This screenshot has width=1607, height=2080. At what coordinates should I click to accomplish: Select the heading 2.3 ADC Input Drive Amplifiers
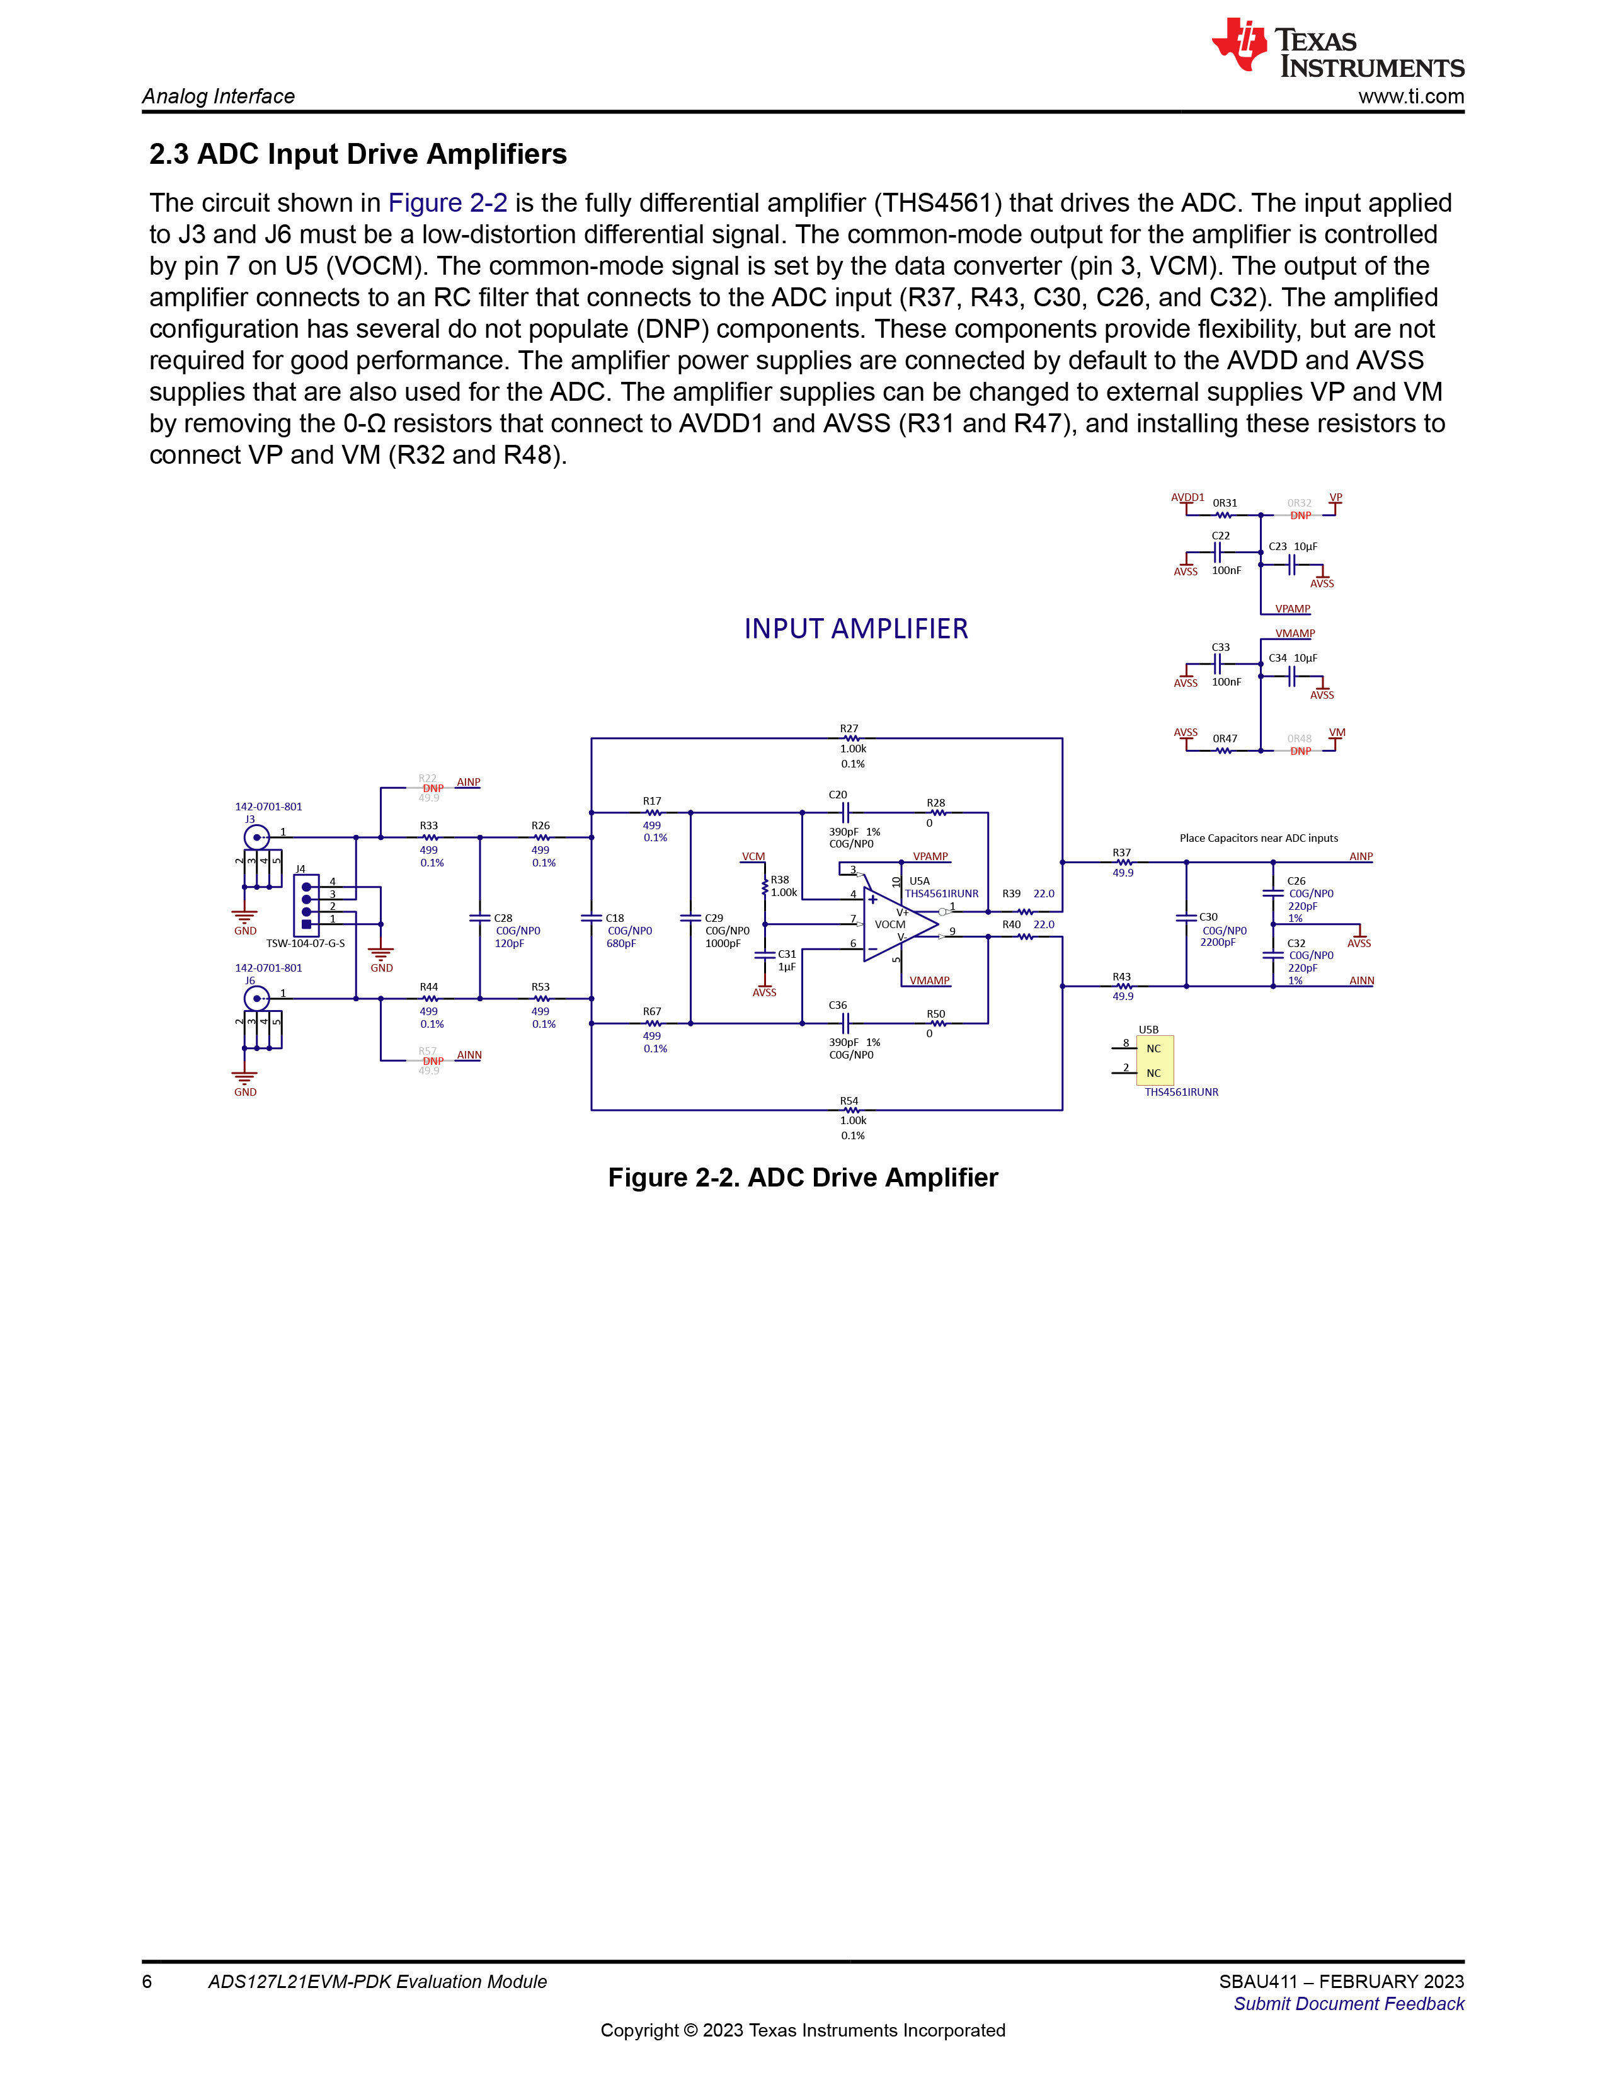[x=358, y=154]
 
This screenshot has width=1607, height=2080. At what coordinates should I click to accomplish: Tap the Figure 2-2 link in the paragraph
[x=447, y=203]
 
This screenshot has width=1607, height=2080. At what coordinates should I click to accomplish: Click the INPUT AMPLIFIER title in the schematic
[x=856, y=629]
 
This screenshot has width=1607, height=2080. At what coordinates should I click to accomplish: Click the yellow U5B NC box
[x=1155, y=1060]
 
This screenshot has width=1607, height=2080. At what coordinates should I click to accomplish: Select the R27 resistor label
[x=849, y=728]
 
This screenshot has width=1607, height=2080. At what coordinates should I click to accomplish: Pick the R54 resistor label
[x=849, y=1101]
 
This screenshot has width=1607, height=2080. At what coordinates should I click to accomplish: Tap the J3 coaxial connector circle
[x=256, y=838]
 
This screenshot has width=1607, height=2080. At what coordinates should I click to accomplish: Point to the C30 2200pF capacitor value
[x=1218, y=943]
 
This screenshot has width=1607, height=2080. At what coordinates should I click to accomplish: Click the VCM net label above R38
[x=753, y=856]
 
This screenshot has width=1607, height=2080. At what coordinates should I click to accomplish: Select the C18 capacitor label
[x=615, y=918]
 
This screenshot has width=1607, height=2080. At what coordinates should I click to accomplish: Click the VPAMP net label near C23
[x=1293, y=609]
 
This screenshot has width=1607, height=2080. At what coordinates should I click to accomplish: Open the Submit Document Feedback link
[x=1349, y=2004]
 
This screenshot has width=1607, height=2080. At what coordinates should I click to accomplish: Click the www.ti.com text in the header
[x=1411, y=96]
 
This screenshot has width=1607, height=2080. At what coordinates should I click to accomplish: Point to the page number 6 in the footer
[x=147, y=1982]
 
